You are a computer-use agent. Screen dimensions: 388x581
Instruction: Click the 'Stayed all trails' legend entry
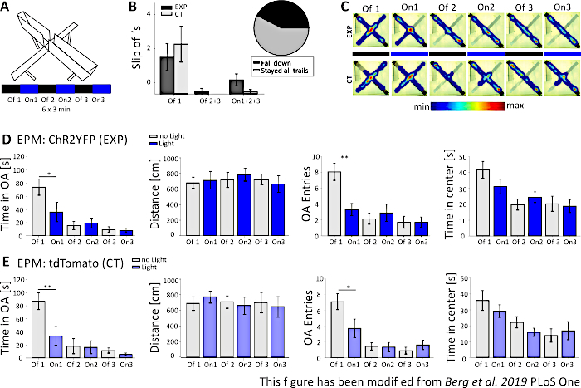[274, 73]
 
